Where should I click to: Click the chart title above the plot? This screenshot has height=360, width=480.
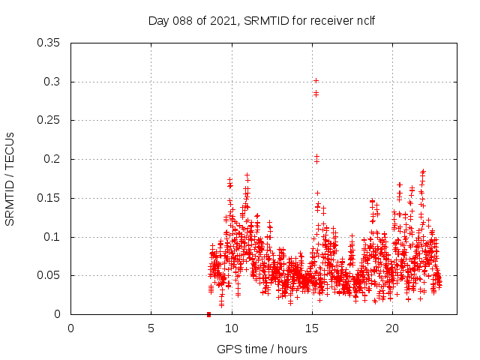click(261, 20)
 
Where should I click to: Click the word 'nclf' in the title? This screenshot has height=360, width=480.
click(364, 20)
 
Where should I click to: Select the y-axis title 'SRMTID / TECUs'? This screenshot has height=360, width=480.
click(10, 178)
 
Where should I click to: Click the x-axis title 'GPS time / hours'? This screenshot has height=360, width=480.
click(262, 349)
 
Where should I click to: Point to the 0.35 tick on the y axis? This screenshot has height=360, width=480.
click(49, 43)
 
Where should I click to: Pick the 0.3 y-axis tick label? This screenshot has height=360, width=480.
click(52, 82)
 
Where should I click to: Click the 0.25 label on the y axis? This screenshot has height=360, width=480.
click(49, 121)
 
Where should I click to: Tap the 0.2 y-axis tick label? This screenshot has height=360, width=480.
click(52, 159)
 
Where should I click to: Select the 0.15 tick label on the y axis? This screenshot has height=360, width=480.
click(49, 198)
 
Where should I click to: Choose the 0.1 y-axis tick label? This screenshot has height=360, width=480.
click(52, 237)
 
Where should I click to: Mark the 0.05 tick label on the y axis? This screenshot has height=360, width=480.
click(49, 276)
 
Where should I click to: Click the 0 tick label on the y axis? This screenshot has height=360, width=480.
click(58, 315)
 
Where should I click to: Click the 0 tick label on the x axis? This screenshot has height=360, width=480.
click(71, 328)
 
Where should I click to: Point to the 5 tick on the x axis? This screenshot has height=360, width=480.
click(151, 328)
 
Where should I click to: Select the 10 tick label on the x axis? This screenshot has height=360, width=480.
click(231, 328)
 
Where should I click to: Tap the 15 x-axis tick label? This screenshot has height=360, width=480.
click(311, 328)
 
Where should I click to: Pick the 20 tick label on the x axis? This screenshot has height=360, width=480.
click(391, 328)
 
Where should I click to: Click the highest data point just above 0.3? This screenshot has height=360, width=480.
click(316, 80)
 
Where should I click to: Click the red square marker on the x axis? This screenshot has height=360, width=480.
click(208, 314)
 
